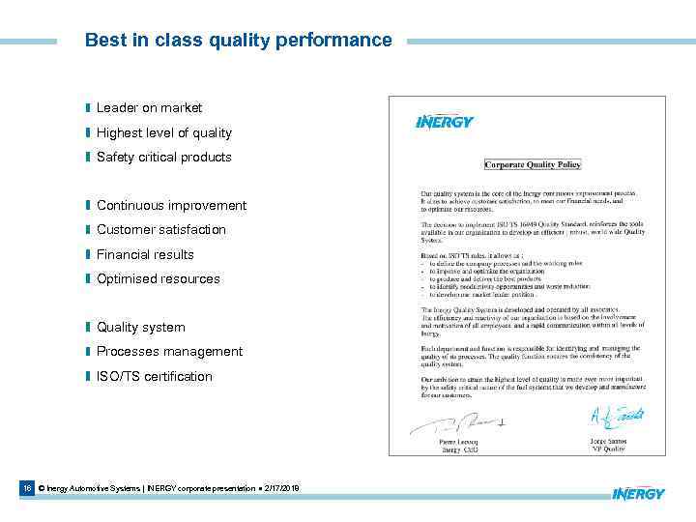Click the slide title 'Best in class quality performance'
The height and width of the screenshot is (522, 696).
[x=238, y=41]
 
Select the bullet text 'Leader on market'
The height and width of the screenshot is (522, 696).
[x=149, y=108]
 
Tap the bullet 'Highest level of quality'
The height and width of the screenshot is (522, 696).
[x=163, y=132]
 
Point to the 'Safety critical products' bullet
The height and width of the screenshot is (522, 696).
[x=163, y=157]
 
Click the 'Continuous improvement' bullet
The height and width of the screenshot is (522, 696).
[x=171, y=206]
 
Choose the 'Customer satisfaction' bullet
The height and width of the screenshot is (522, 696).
[x=160, y=230]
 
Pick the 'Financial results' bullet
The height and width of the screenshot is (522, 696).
[x=145, y=254]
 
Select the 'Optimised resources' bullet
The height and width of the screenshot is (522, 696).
[x=158, y=278]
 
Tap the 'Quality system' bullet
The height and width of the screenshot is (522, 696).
[x=140, y=328]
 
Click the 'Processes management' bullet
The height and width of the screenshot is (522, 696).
[x=169, y=352]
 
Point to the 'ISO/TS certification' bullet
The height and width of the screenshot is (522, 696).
[x=154, y=376]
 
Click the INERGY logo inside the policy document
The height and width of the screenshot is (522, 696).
[x=444, y=122]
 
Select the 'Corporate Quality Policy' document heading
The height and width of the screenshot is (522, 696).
[x=533, y=164]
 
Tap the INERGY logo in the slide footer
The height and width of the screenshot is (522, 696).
[x=638, y=493]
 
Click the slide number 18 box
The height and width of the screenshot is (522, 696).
[x=26, y=489]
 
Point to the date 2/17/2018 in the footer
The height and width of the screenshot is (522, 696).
[x=280, y=489]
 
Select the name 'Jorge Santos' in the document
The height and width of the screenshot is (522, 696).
[x=610, y=440]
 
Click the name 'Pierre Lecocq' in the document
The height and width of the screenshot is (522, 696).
[x=458, y=441]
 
